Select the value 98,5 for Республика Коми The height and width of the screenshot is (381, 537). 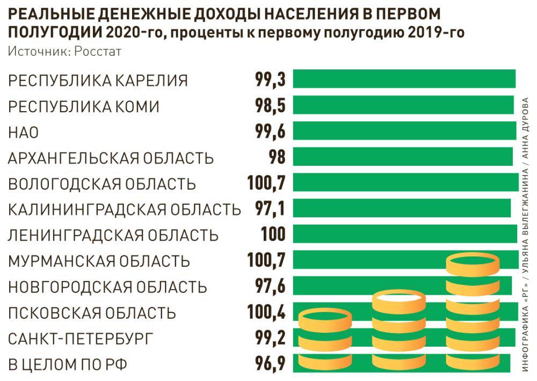point(270,106)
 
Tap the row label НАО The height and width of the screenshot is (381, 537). point(24,133)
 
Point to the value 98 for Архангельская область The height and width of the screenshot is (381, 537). point(277,158)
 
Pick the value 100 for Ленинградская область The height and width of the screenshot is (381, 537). point(273,235)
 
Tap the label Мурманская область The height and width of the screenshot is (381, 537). point(99,261)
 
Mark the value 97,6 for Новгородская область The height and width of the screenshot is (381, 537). point(270,287)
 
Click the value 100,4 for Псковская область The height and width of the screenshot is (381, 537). point(266,312)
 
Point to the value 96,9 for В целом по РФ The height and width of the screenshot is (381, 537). point(270,364)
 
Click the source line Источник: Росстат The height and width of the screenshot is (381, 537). point(65,52)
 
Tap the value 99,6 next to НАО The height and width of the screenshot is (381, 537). point(270,131)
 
